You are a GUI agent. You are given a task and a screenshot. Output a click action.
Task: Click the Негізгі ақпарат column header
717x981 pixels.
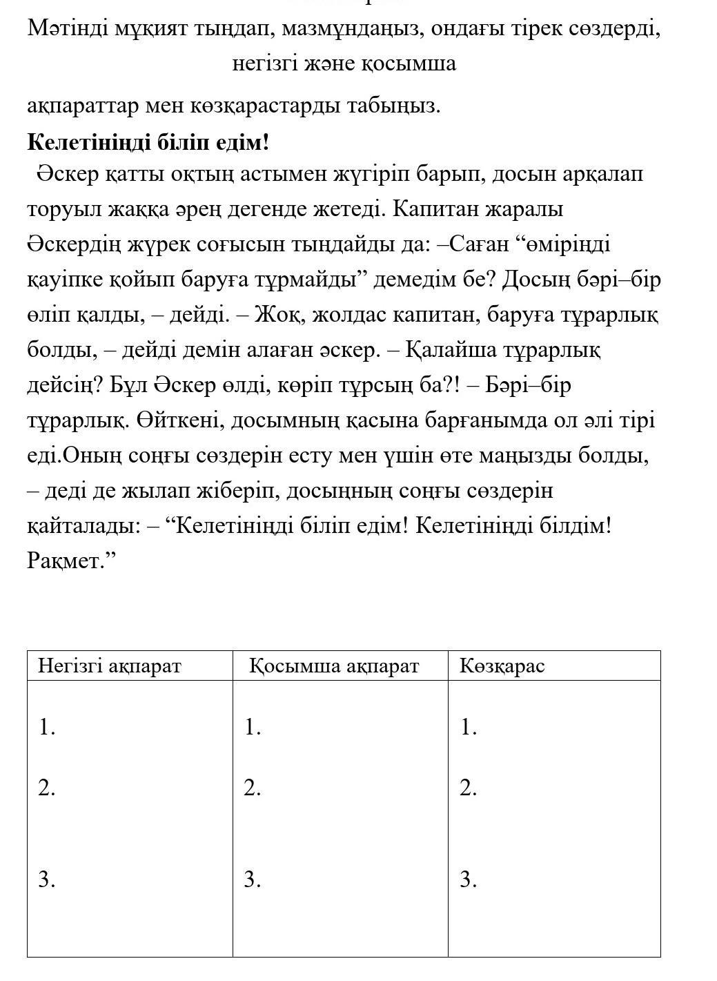[x=109, y=666]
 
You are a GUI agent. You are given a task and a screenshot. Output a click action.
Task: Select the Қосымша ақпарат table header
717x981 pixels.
[x=334, y=666]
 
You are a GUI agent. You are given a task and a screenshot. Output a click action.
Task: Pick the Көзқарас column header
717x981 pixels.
[x=502, y=666]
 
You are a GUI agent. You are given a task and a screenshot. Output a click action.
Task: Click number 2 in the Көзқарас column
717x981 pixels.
[x=469, y=788]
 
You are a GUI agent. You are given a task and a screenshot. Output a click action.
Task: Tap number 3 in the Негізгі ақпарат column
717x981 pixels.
[x=46, y=880]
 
